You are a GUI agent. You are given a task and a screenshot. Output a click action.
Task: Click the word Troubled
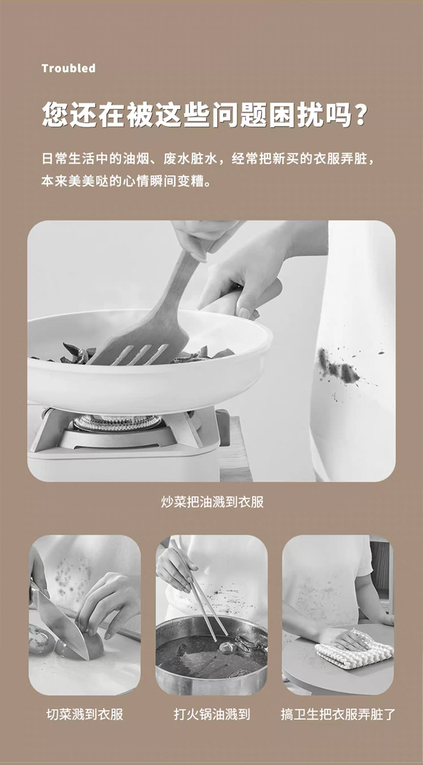[69, 69]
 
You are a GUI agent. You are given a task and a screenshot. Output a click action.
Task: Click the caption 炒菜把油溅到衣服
[212, 502]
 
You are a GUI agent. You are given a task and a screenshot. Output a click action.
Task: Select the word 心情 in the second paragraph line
[136, 180]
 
